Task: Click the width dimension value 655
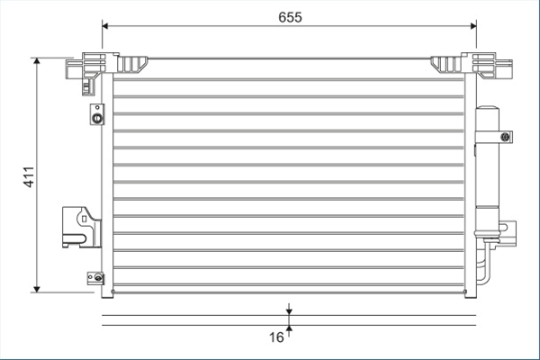click(x=290, y=17)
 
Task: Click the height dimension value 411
click(x=29, y=177)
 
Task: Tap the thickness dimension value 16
click(x=276, y=337)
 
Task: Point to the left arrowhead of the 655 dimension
click(x=105, y=26)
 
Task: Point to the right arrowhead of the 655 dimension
click(x=473, y=26)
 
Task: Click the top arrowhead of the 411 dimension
click(x=37, y=61)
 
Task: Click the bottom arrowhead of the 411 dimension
click(x=37, y=289)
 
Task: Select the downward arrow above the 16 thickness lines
click(x=289, y=309)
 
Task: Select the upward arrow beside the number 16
click(x=289, y=330)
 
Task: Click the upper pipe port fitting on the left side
click(x=97, y=114)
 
